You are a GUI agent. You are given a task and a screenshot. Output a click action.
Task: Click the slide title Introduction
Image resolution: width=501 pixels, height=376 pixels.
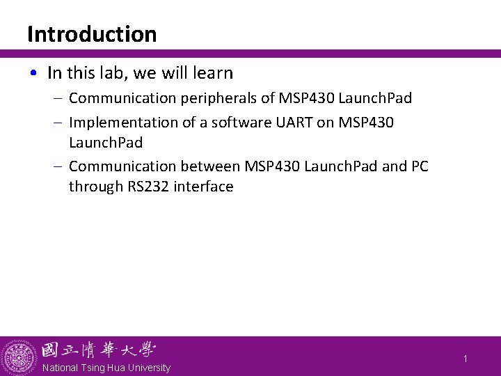[x=92, y=34]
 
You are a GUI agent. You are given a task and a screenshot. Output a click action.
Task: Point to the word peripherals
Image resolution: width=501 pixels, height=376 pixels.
[x=215, y=98]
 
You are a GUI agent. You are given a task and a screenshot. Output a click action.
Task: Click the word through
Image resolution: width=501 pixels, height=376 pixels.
[x=93, y=187]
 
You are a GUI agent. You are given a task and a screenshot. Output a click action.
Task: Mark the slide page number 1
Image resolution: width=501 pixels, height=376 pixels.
[x=466, y=358]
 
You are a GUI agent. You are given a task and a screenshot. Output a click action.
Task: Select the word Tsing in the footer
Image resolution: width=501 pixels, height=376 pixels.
[x=93, y=368]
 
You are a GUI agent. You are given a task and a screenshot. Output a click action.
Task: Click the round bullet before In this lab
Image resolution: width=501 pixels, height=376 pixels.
[x=35, y=73]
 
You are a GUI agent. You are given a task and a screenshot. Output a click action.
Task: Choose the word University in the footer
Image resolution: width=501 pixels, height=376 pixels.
[x=147, y=368]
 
